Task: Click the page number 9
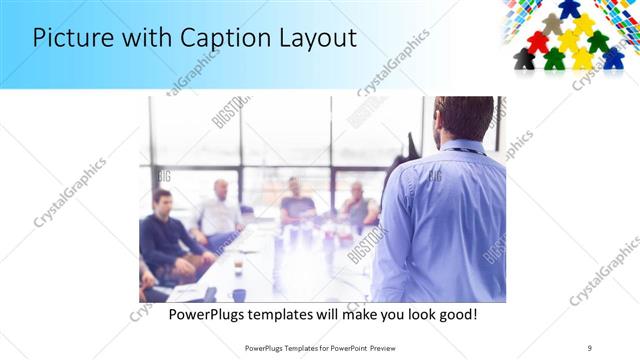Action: tap(590, 347)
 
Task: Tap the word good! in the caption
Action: tap(457, 315)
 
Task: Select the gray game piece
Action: tap(553, 24)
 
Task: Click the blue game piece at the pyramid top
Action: tap(570, 9)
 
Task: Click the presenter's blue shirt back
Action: tap(440, 220)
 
